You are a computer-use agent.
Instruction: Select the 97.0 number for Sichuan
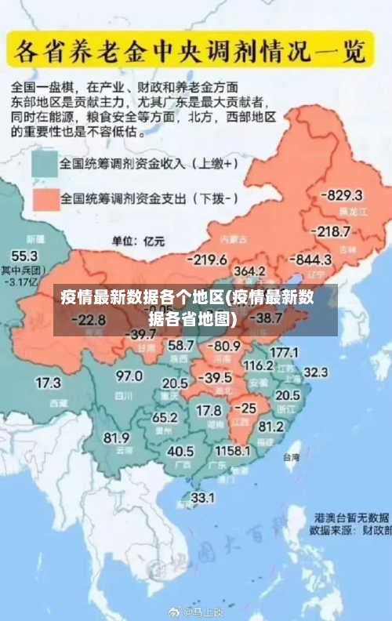pyautogui.click(x=129, y=376)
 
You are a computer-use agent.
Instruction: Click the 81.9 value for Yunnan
pyautogui.click(x=117, y=437)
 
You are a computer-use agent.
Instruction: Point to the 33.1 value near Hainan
pyautogui.click(x=203, y=497)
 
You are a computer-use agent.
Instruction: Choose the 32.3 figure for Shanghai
pyautogui.click(x=315, y=372)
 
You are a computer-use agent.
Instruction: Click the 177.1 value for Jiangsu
pyautogui.click(x=284, y=352)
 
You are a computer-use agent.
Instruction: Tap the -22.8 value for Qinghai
pyautogui.click(x=88, y=319)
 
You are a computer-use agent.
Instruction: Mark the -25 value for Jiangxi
pyautogui.click(x=245, y=409)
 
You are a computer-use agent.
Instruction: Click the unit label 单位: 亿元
pyautogui.click(x=134, y=239)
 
